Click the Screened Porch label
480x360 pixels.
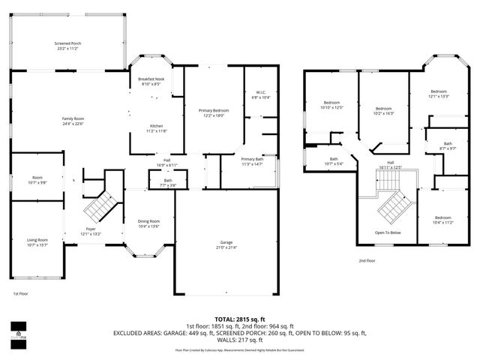[67, 46]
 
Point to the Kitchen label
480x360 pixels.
[156, 128]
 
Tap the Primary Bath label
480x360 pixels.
[253, 161]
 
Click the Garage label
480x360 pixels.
[226, 244]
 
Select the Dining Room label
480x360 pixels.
[149, 223]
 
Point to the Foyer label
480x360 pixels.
[90, 232]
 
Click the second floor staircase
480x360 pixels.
[394, 203]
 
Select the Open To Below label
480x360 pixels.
[388, 233]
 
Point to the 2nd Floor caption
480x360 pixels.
[367, 260]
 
